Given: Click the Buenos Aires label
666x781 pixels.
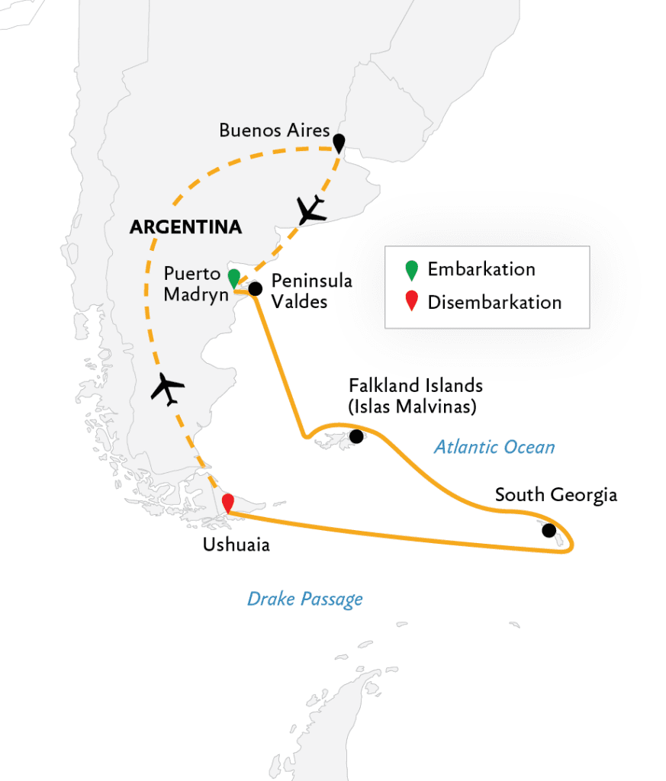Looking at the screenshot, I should pyautogui.click(x=274, y=130).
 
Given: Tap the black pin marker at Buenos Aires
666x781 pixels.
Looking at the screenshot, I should pyautogui.click(x=339, y=142).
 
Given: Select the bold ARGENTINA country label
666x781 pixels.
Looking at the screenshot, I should pyautogui.click(x=186, y=227).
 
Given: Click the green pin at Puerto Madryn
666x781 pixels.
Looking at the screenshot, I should pyautogui.click(x=233, y=278).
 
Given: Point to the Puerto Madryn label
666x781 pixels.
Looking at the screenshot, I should pyautogui.click(x=196, y=284).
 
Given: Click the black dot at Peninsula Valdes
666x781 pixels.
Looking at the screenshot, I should pyautogui.click(x=255, y=288).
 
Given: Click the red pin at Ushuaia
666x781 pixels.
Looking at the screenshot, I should pyautogui.click(x=227, y=503).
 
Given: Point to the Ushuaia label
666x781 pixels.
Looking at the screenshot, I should pyautogui.click(x=236, y=545).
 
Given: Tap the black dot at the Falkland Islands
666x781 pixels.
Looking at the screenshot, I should pyautogui.click(x=356, y=436).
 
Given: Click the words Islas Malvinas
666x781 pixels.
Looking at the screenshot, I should pyautogui.click(x=413, y=407).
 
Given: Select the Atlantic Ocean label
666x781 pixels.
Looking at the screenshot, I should pyautogui.click(x=494, y=447).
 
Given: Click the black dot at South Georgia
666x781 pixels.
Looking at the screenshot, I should pyautogui.click(x=549, y=530).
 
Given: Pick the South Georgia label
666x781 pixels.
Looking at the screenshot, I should pyautogui.click(x=555, y=495).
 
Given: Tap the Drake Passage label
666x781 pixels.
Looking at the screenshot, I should pyautogui.click(x=304, y=599).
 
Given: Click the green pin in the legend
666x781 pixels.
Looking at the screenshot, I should pyautogui.click(x=411, y=270).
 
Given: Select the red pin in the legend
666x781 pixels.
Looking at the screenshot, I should pyautogui.click(x=411, y=303).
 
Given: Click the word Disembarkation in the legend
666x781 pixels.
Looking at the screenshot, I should pyautogui.click(x=494, y=303).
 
